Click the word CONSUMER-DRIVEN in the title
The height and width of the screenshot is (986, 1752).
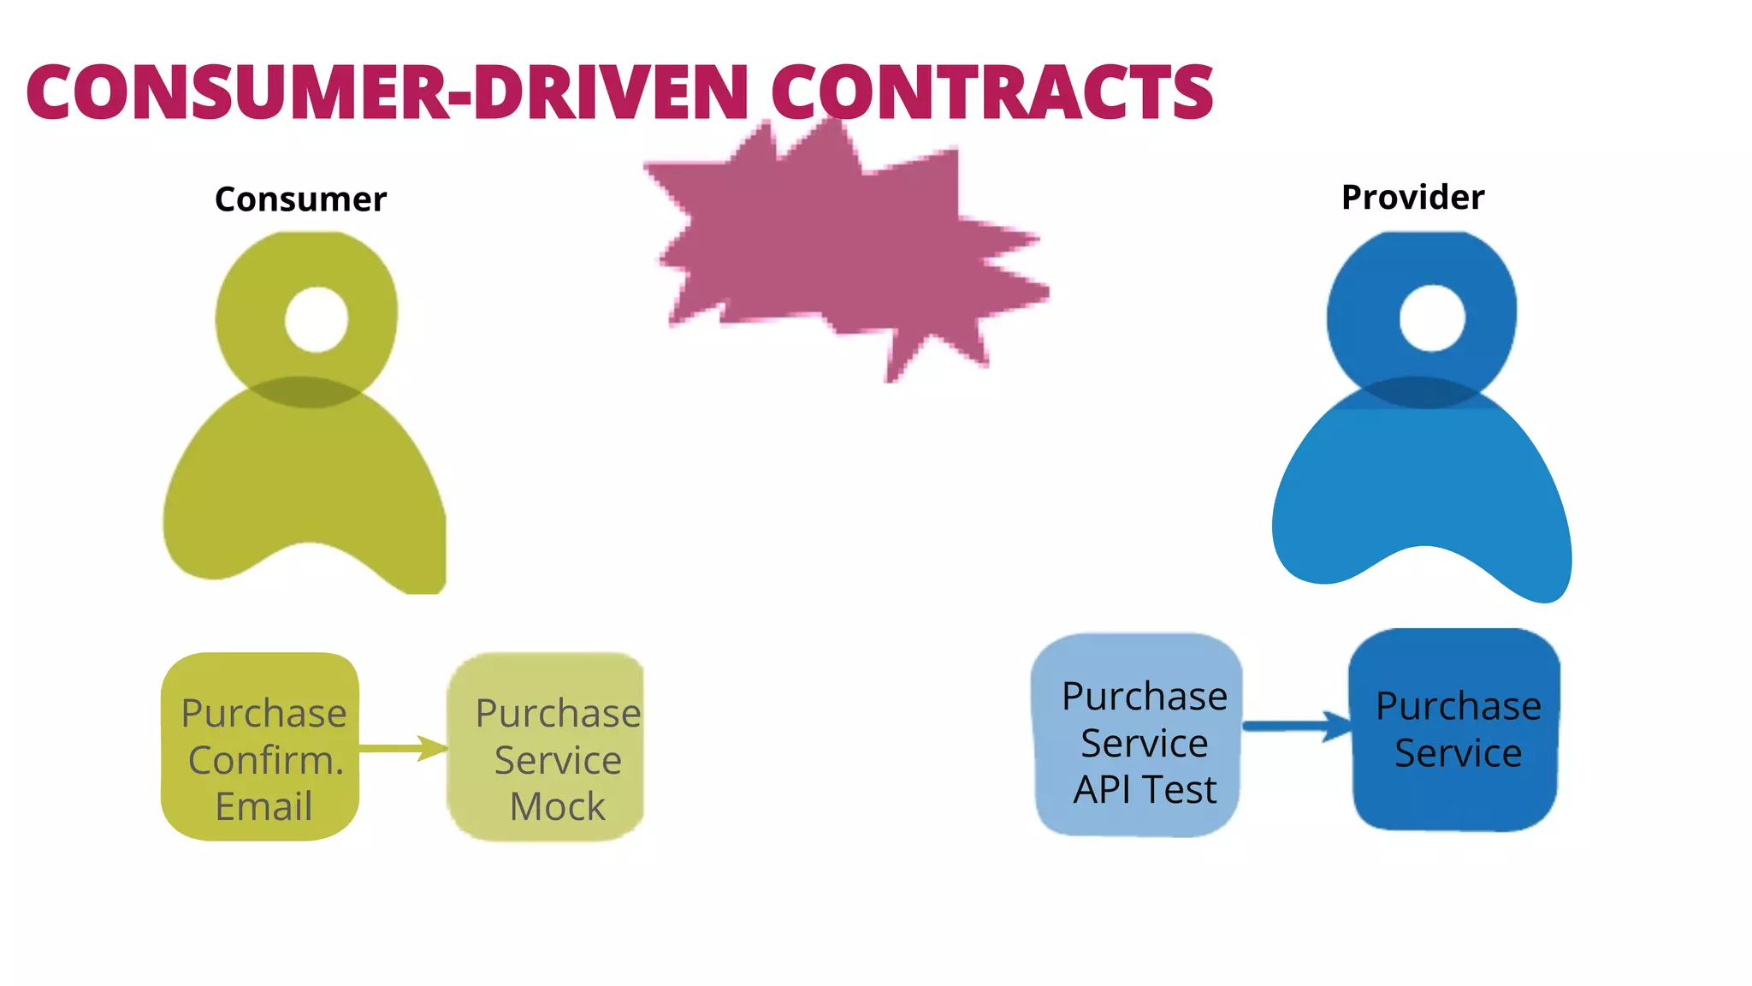coord(387,92)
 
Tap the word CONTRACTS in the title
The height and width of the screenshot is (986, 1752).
coord(992,92)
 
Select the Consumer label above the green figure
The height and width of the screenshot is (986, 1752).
coord(300,199)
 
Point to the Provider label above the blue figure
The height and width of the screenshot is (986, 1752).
coord(1412,198)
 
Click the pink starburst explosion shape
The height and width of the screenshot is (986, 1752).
coord(838,248)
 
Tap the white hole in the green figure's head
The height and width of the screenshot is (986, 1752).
coord(317,319)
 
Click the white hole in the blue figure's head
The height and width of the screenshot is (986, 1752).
coord(1432,318)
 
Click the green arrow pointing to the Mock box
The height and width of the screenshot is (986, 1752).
coord(402,748)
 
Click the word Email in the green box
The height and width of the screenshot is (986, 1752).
coord(263,806)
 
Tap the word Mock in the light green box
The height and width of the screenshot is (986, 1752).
coord(557,806)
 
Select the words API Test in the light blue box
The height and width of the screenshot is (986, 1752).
coord(1145,789)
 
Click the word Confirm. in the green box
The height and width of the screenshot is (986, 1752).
coord(265,760)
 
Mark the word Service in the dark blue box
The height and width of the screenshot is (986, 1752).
coord(1458,753)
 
